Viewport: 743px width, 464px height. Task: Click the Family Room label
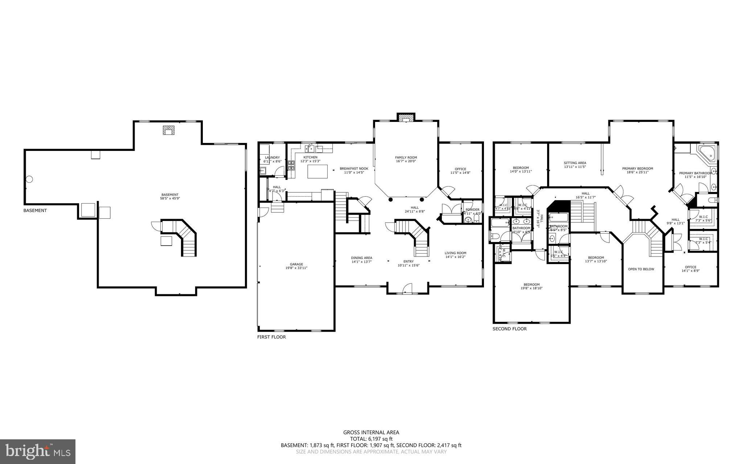(406, 157)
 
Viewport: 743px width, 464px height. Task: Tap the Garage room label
(296, 264)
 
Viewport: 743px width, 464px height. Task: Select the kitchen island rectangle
(317, 171)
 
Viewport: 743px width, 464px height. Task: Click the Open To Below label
(641, 269)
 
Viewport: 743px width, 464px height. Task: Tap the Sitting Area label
(575, 163)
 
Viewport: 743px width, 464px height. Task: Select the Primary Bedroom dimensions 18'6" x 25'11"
(637, 172)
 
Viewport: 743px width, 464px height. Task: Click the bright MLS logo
(38, 451)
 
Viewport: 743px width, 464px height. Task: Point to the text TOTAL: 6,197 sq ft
(371, 439)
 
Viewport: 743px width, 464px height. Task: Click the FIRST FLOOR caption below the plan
(271, 337)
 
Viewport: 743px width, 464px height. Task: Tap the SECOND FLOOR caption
(509, 329)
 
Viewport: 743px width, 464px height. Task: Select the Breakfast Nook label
(354, 169)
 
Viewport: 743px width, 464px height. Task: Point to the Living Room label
(455, 253)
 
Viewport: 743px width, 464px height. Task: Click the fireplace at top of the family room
(406, 118)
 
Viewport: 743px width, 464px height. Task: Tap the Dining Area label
(362, 258)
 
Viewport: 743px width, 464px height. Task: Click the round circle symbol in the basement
(29, 179)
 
